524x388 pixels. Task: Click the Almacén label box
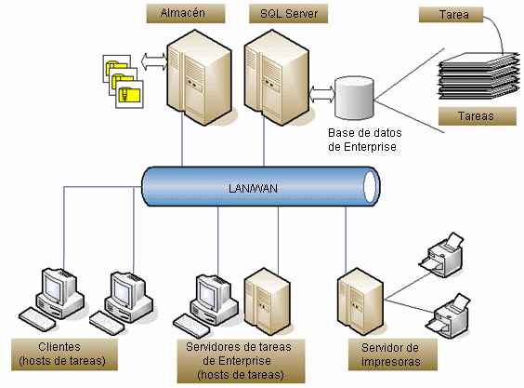pyautogui.click(x=186, y=13)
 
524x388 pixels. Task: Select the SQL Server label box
pyautogui.click(x=288, y=13)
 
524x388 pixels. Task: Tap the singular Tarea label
pyautogui.click(x=451, y=15)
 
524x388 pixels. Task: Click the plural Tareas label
pyautogui.click(x=478, y=116)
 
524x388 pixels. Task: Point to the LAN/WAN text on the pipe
pyautogui.click(x=253, y=189)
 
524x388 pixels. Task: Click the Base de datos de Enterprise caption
pyautogui.click(x=364, y=140)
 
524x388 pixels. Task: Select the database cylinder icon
pyautogui.click(x=354, y=98)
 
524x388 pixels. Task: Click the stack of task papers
pyautogui.click(x=478, y=76)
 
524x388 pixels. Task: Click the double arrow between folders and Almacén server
pyautogui.click(x=154, y=61)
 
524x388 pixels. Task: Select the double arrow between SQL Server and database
pyautogui.click(x=321, y=94)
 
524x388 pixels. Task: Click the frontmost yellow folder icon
pyautogui.click(x=130, y=94)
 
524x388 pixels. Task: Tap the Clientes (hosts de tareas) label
pyautogui.click(x=64, y=355)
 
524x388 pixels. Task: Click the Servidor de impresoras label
pyautogui.click(x=393, y=355)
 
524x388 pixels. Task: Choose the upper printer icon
pyautogui.click(x=442, y=255)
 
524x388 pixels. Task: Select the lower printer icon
pyautogui.click(x=449, y=316)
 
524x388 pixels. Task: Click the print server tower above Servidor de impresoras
pyautogui.click(x=360, y=301)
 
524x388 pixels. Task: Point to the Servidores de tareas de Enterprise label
pyautogui.click(x=241, y=361)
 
